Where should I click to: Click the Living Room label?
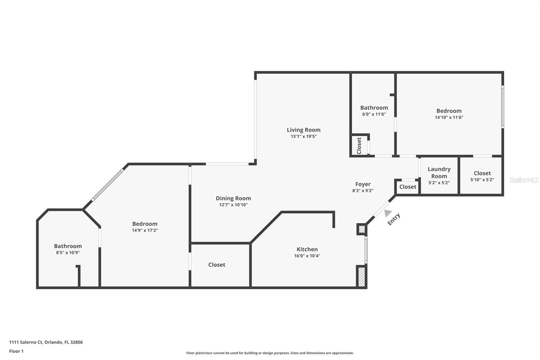(303, 130)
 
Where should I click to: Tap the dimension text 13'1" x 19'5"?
(303, 136)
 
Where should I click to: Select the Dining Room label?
(233, 198)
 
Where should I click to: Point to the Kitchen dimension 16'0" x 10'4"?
(307, 256)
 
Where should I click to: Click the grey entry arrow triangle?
(387, 213)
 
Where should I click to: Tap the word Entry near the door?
(394, 219)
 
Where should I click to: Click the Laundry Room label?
(439, 172)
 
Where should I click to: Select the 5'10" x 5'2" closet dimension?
(482, 180)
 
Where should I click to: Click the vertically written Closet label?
(359, 146)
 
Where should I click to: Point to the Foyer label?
(363, 184)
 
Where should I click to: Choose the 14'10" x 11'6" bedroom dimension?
(449, 118)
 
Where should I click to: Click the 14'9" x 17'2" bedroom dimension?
(145, 230)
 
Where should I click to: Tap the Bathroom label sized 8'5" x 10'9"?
(68, 246)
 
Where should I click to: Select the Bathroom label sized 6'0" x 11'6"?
(374, 108)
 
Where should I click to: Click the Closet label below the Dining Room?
(217, 265)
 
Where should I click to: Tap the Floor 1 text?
(16, 351)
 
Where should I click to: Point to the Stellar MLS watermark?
(524, 180)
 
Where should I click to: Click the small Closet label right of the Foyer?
(408, 187)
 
